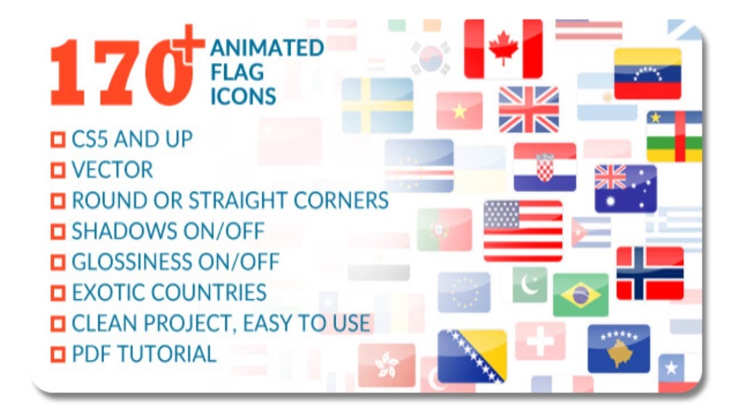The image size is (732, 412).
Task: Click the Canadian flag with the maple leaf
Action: tap(503, 49)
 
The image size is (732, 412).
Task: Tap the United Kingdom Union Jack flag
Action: tap(528, 109)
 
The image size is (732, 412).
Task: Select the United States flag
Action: tap(523, 231)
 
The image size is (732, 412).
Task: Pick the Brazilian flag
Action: tap(580, 295)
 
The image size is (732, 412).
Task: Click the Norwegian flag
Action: tap(650, 273)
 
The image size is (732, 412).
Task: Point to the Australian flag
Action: tap(625, 188)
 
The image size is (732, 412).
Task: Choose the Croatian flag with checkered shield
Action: tap(544, 167)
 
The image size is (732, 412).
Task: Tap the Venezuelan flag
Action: tap(647, 74)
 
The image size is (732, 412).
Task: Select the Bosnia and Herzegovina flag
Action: tap(472, 355)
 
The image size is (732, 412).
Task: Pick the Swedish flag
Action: tap(377, 105)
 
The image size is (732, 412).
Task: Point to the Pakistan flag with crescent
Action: tap(530, 284)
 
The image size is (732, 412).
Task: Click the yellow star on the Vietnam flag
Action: tap(459, 111)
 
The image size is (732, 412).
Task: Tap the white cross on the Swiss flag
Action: tap(540, 342)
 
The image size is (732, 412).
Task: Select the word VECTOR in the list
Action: tap(112, 170)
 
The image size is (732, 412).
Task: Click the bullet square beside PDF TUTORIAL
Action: tap(58, 354)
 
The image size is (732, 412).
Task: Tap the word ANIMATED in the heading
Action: tap(266, 48)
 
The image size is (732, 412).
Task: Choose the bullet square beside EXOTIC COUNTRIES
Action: tap(58, 293)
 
